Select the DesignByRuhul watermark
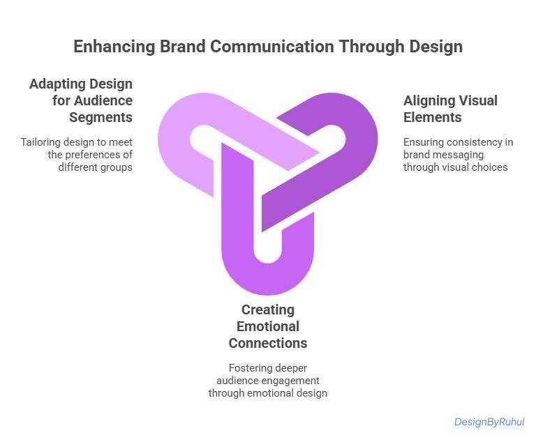[x=489, y=422]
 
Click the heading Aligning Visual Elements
[x=450, y=109]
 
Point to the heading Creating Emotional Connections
[x=267, y=326]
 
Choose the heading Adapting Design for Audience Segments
[x=81, y=100]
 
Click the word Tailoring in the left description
[x=40, y=142]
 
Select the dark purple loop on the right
[x=349, y=160]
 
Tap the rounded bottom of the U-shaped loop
[x=267, y=279]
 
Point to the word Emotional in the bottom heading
[x=267, y=326]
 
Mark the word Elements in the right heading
[x=433, y=117]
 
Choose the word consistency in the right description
[x=476, y=142]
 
